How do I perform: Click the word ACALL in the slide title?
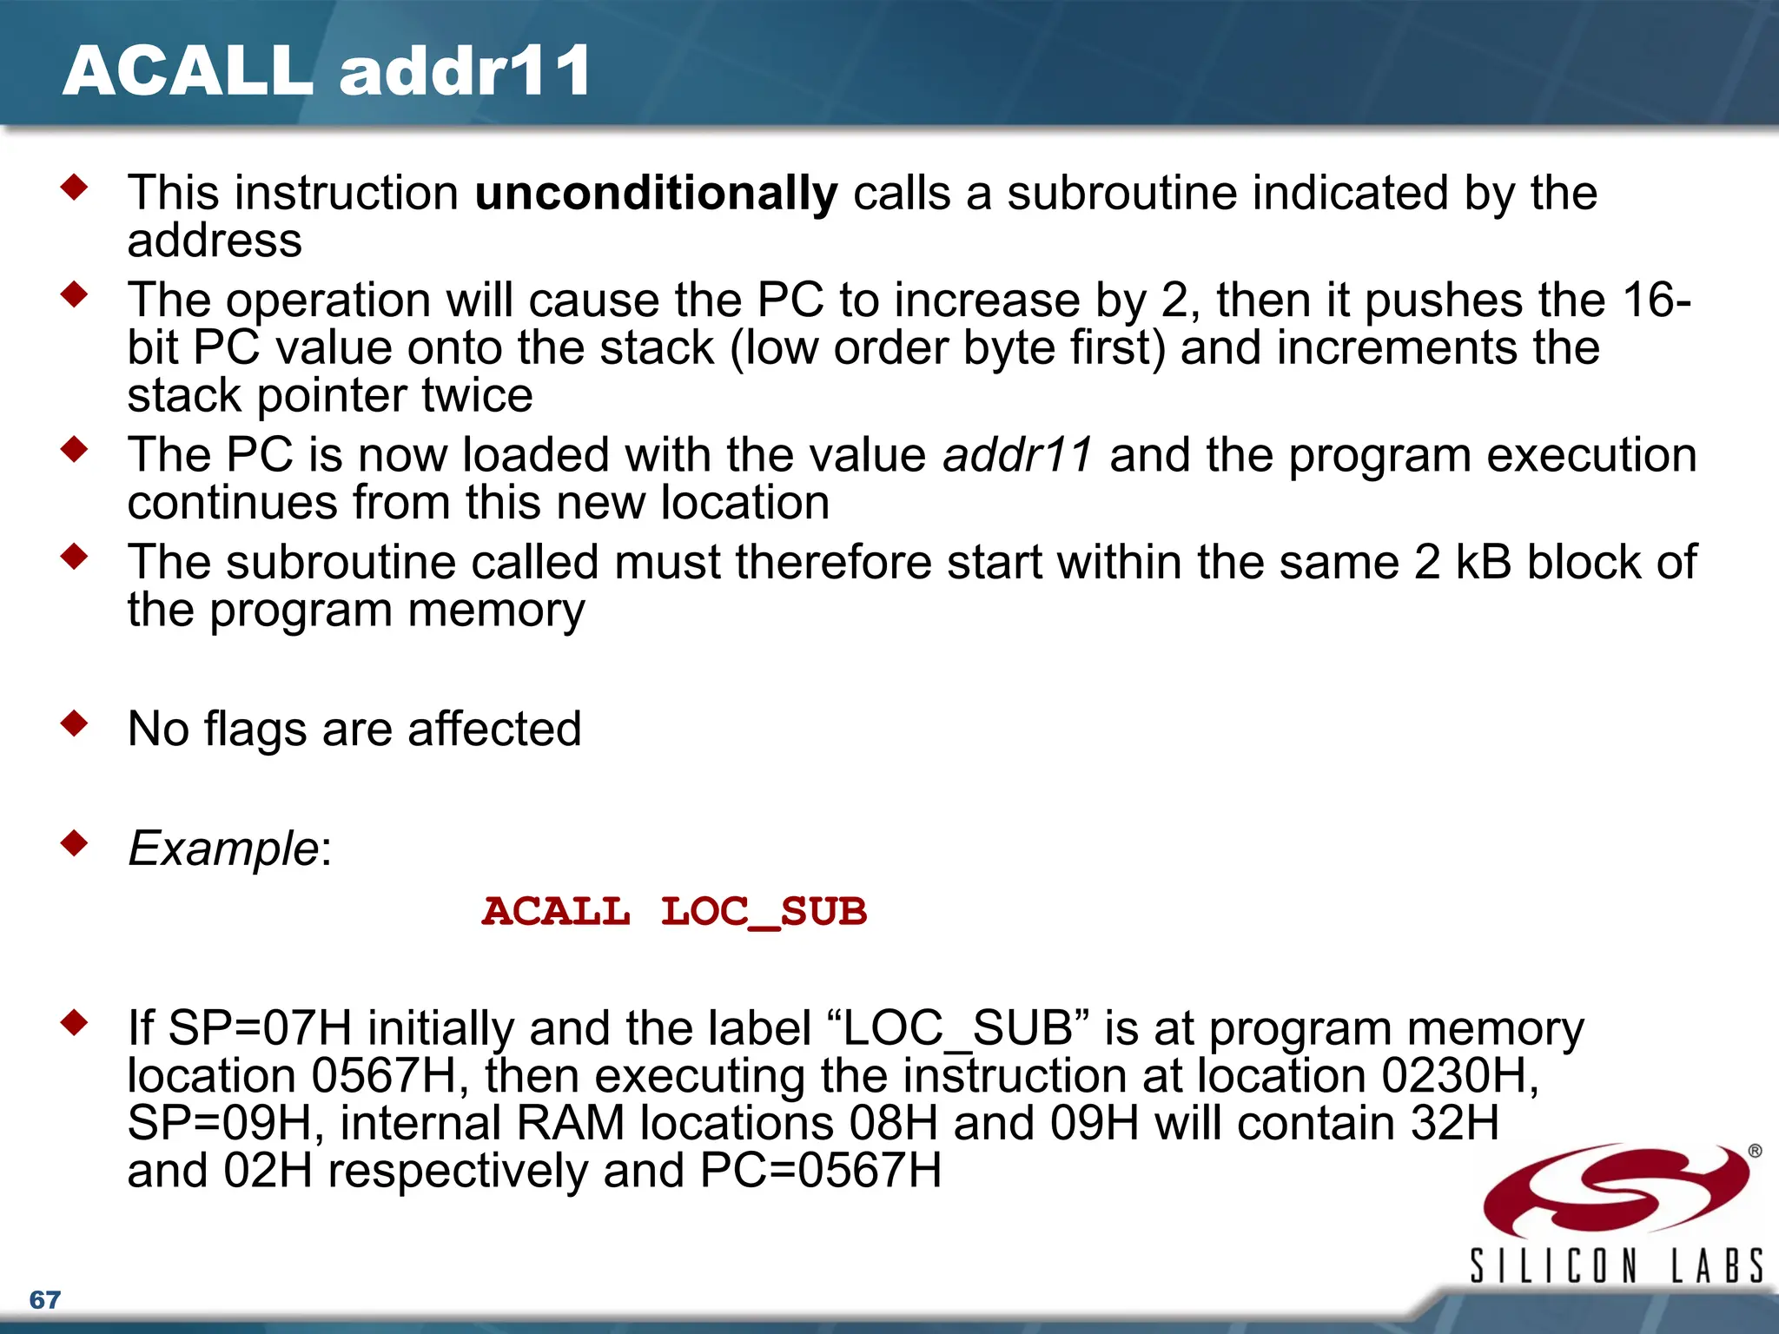tap(187, 71)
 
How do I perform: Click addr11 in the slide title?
tap(466, 71)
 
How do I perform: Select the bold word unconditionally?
tap(656, 193)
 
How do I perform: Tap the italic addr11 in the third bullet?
tap(1017, 455)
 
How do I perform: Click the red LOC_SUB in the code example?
tap(764, 912)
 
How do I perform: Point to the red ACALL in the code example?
tap(556, 912)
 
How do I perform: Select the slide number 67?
tap(44, 1300)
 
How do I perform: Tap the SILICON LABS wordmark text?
tap(1616, 1265)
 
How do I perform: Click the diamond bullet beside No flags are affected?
tap(75, 723)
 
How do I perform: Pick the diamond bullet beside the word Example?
tap(75, 842)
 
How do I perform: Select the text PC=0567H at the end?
tap(820, 1171)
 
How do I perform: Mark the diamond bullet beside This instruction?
tap(75, 187)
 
